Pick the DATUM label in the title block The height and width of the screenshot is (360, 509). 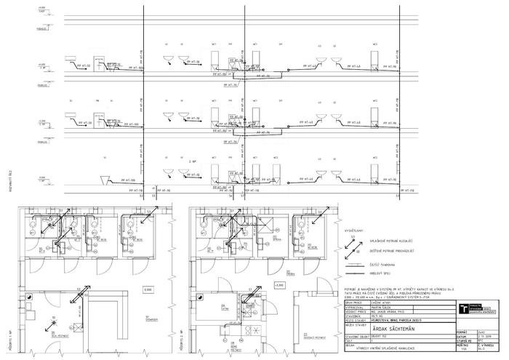pyautogui.click(x=462, y=337)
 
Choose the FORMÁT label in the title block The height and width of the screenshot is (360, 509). pyautogui.click(x=462, y=332)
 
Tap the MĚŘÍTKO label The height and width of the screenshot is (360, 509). pyautogui.click(x=462, y=346)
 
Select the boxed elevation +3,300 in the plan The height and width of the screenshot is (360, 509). pyautogui.click(x=279, y=284)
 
